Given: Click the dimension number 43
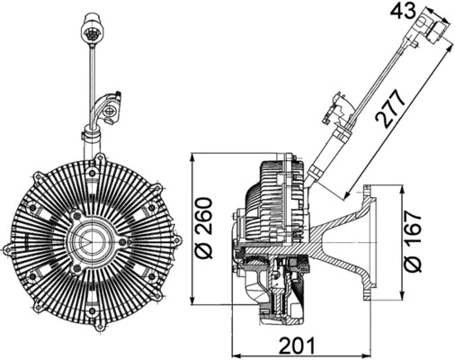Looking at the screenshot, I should click(x=406, y=12).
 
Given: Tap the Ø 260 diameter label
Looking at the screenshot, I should click(x=203, y=231).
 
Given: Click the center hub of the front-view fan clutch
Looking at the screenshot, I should click(x=90, y=241).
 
